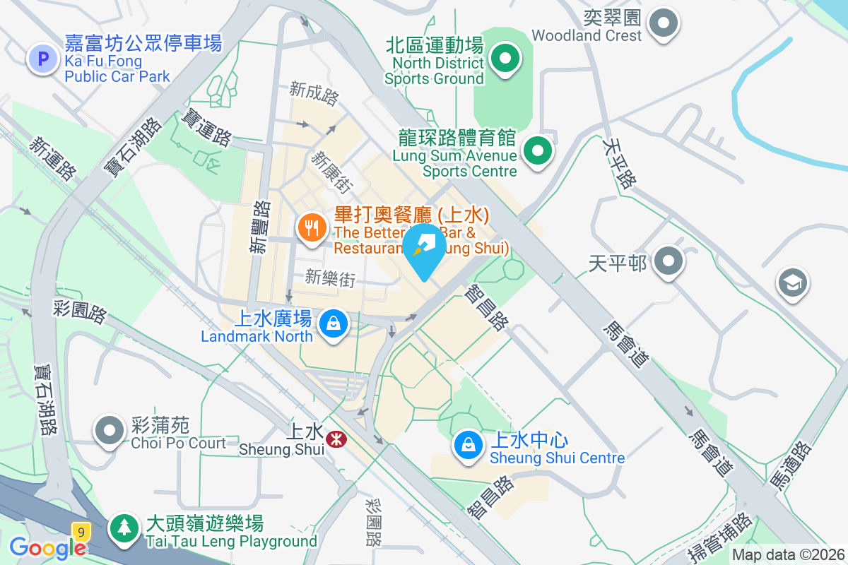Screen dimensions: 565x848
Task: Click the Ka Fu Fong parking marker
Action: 42,59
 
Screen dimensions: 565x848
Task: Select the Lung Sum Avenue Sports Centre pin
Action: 538,150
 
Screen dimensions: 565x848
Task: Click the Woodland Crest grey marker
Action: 663,23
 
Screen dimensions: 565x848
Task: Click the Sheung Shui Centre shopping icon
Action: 467,445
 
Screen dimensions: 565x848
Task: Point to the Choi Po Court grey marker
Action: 110,430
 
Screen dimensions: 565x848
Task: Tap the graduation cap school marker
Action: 792,284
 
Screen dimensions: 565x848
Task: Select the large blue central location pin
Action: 424,249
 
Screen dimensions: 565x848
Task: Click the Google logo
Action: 47,547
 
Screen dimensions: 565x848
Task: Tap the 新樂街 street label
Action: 330,278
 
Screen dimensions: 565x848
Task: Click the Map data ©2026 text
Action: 788,555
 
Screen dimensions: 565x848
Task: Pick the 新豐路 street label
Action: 260,227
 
